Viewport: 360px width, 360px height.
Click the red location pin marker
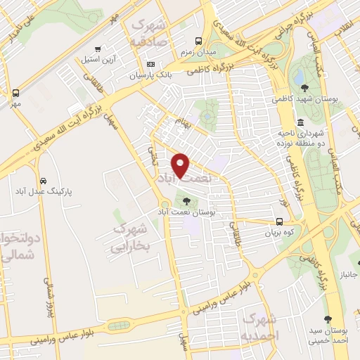(x=181, y=165)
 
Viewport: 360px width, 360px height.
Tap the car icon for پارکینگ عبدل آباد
(x=44, y=181)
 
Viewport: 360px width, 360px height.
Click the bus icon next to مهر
(x=15, y=93)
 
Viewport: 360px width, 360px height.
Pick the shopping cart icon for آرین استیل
(x=98, y=49)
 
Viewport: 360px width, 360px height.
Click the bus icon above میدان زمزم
(x=199, y=41)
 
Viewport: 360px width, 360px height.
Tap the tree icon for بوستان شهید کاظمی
(x=304, y=88)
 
